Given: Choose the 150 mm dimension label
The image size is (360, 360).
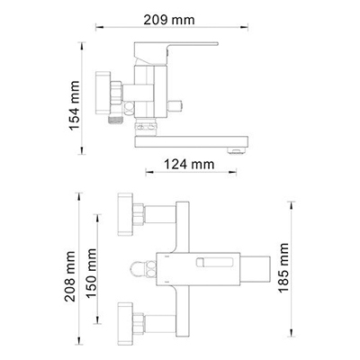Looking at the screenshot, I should (92, 269).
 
